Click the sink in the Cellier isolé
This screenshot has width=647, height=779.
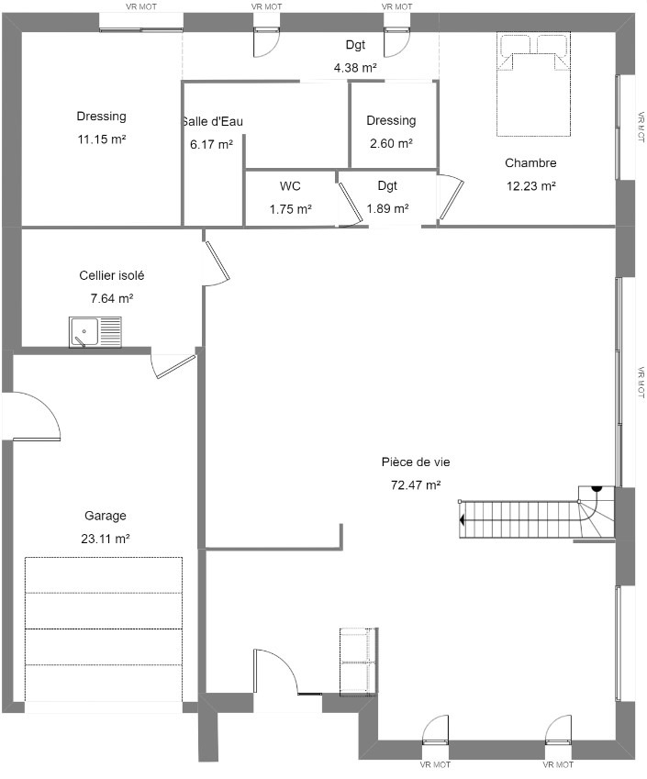[x=95, y=332]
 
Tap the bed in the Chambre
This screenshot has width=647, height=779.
[x=533, y=84]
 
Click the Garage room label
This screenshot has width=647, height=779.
[x=105, y=516]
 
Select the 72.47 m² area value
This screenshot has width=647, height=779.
[x=416, y=484]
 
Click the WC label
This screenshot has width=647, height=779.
[x=290, y=186]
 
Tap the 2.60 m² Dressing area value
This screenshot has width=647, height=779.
[x=391, y=143]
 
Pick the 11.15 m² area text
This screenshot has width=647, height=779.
[x=101, y=139]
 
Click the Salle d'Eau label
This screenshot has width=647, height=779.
[x=212, y=121]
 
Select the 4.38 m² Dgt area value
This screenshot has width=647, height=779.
[x=355, y=68]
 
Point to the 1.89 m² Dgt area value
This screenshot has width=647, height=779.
[x=387, y=208]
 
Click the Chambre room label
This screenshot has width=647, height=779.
[x=530, y=163]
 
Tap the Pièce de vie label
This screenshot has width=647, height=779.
[x=416, y=462]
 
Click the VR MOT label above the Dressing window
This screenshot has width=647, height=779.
[x=141, y=7]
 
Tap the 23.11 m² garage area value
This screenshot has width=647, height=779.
[x=106, y=539]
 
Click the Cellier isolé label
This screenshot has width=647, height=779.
[x=112, y=275]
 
